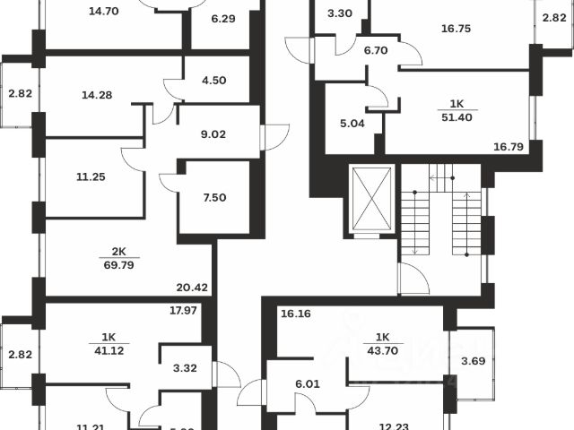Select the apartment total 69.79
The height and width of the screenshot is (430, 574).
pos(117,265)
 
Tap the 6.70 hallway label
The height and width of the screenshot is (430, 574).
pos(375,51)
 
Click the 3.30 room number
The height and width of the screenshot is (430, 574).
pos(339,13)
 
